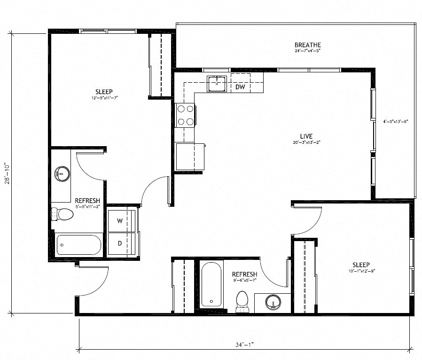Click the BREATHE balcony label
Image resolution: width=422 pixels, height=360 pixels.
(308, 45)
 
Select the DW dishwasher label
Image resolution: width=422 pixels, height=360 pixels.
(240, 86)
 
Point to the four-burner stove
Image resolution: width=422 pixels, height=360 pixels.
(185, 115)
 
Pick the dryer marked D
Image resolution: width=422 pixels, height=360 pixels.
(120, 243)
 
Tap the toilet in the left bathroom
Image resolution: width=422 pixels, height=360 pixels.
(63, 214)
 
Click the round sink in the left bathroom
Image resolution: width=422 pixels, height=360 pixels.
(62, 173)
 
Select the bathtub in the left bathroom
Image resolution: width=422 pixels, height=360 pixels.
(79, 244)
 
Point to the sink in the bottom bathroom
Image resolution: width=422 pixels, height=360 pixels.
(271, 301)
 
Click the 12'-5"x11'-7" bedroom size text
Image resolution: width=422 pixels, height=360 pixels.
(104, 98)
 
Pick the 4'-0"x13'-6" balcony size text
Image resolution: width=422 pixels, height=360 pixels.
(395, 121)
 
